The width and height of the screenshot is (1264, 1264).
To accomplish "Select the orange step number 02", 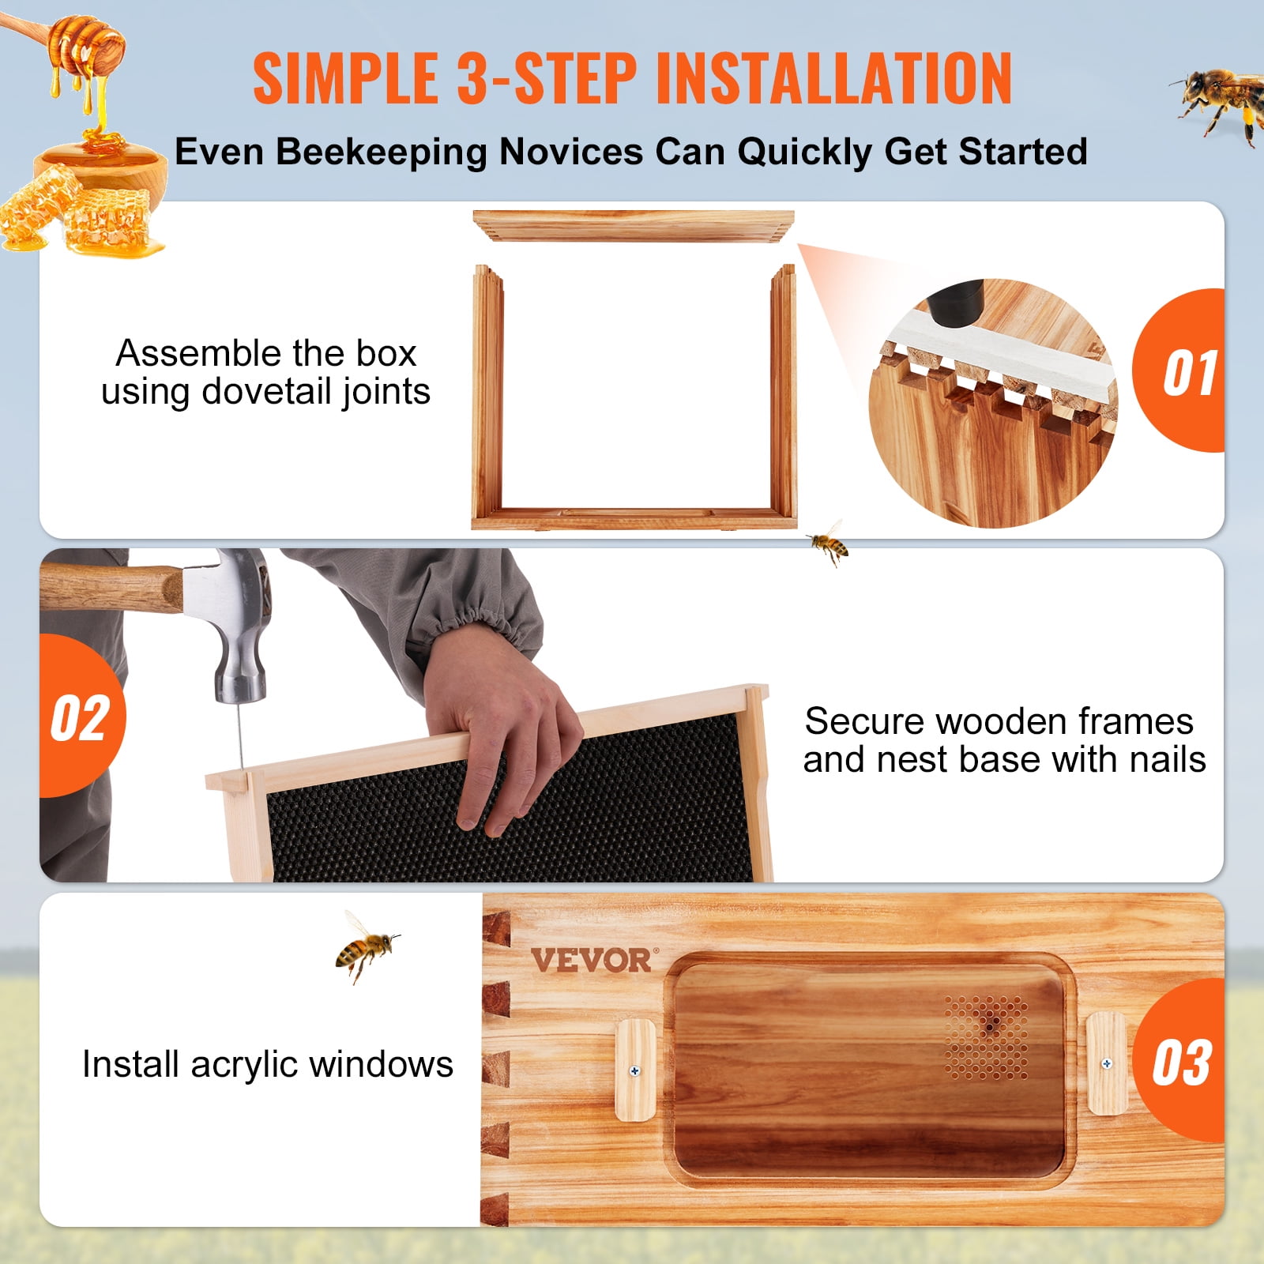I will [79, 719].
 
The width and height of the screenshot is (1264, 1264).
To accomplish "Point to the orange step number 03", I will [1181, 1063].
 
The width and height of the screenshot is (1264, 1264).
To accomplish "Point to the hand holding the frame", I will [498, 727].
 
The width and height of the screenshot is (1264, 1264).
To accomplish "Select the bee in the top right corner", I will [1221, 99].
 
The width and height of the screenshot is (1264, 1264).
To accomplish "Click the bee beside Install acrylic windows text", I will [365, 946].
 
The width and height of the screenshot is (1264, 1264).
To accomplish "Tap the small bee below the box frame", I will [828, 544].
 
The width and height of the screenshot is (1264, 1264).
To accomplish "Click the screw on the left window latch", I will [634, 1071].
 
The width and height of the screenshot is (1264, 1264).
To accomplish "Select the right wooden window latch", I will [1106, 1063].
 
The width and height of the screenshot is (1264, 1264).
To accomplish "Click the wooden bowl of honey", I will [103, 170].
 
